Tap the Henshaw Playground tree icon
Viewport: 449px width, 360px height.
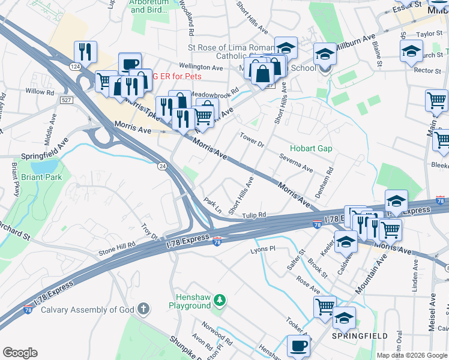220,299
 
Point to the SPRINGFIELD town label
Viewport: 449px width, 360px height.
360,337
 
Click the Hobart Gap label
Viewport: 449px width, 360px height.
311,148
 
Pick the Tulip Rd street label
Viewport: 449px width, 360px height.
254,215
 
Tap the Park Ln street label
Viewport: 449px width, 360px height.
213,206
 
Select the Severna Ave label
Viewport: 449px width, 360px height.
296,162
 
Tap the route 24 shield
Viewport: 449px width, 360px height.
161,165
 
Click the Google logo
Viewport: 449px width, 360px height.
20,353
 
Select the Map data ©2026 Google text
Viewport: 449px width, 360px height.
412,355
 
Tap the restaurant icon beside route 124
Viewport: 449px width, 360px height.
85,52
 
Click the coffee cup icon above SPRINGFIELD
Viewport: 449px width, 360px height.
298,346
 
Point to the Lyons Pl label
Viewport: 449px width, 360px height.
262,248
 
